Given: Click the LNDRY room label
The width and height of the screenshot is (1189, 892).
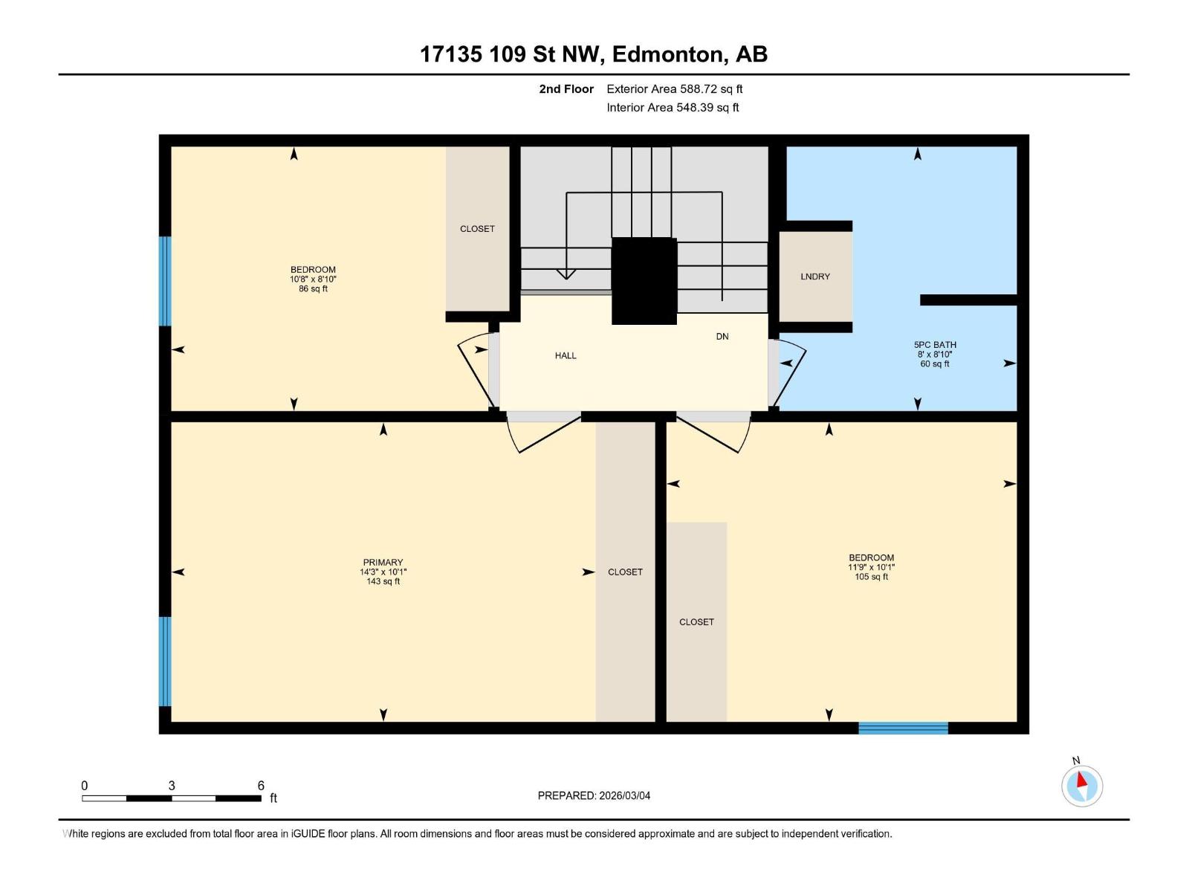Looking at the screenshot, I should [x=815, y=277].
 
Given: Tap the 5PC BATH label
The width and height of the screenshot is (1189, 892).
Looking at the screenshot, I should [x=935, y=345].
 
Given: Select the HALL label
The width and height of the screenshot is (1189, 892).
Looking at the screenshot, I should [x=566, y=356].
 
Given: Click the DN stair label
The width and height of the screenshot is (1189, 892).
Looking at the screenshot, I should [x=722, y=337].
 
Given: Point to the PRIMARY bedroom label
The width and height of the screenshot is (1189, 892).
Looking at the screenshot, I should [x=383, y=563].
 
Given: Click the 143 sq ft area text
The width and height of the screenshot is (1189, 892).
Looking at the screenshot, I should [x=383, y=582].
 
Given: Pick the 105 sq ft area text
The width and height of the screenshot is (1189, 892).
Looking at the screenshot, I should [x=871, y=577].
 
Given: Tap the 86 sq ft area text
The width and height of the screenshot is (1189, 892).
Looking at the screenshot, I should [x=313, y=289].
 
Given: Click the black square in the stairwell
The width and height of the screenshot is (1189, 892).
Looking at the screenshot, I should [x=644, y=281].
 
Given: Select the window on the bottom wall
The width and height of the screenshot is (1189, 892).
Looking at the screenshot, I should [x=903, y=728].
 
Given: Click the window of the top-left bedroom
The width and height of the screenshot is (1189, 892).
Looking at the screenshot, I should [x=165, y=281].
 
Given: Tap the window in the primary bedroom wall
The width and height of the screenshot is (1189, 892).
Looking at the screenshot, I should [x=165, y=661].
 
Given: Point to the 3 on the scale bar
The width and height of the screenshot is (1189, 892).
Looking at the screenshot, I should [x=172, y=786].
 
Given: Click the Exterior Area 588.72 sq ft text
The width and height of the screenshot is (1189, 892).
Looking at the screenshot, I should [x=674, y=89].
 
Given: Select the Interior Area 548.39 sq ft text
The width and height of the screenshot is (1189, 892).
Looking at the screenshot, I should [x=673, y=108].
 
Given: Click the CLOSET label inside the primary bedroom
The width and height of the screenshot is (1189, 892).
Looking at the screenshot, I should [x=625, y=572].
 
